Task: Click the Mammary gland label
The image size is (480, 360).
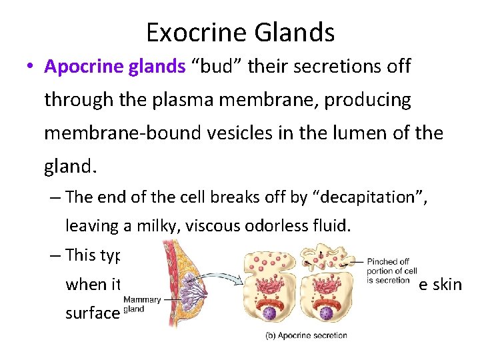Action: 141,304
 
